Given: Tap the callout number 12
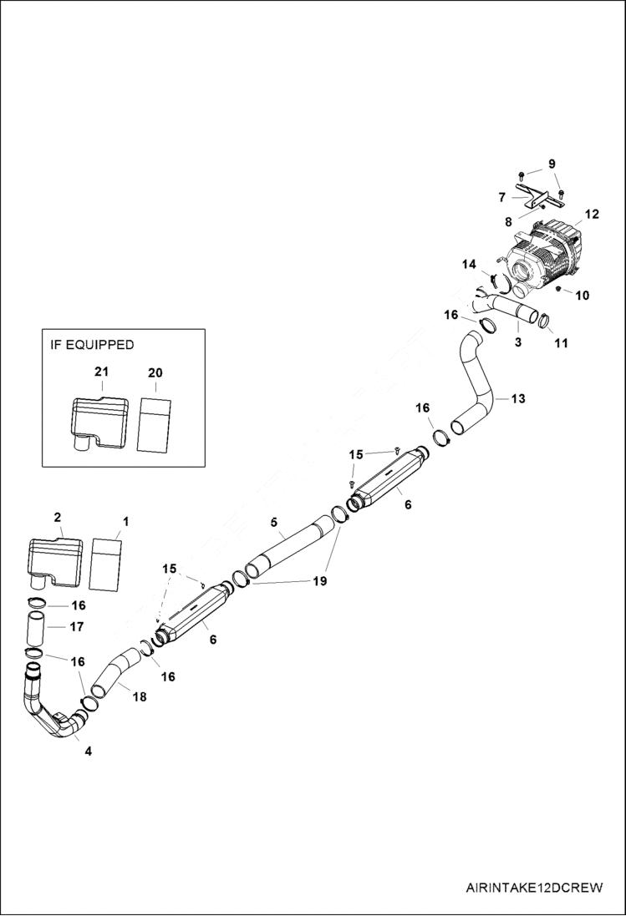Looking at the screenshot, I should coord(592,215).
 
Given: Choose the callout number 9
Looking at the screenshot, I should coord(551,164).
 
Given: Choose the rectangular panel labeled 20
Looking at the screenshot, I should coord(155,424).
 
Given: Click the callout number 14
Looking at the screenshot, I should coord(469,264).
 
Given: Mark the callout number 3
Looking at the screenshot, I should coord(517,342).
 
